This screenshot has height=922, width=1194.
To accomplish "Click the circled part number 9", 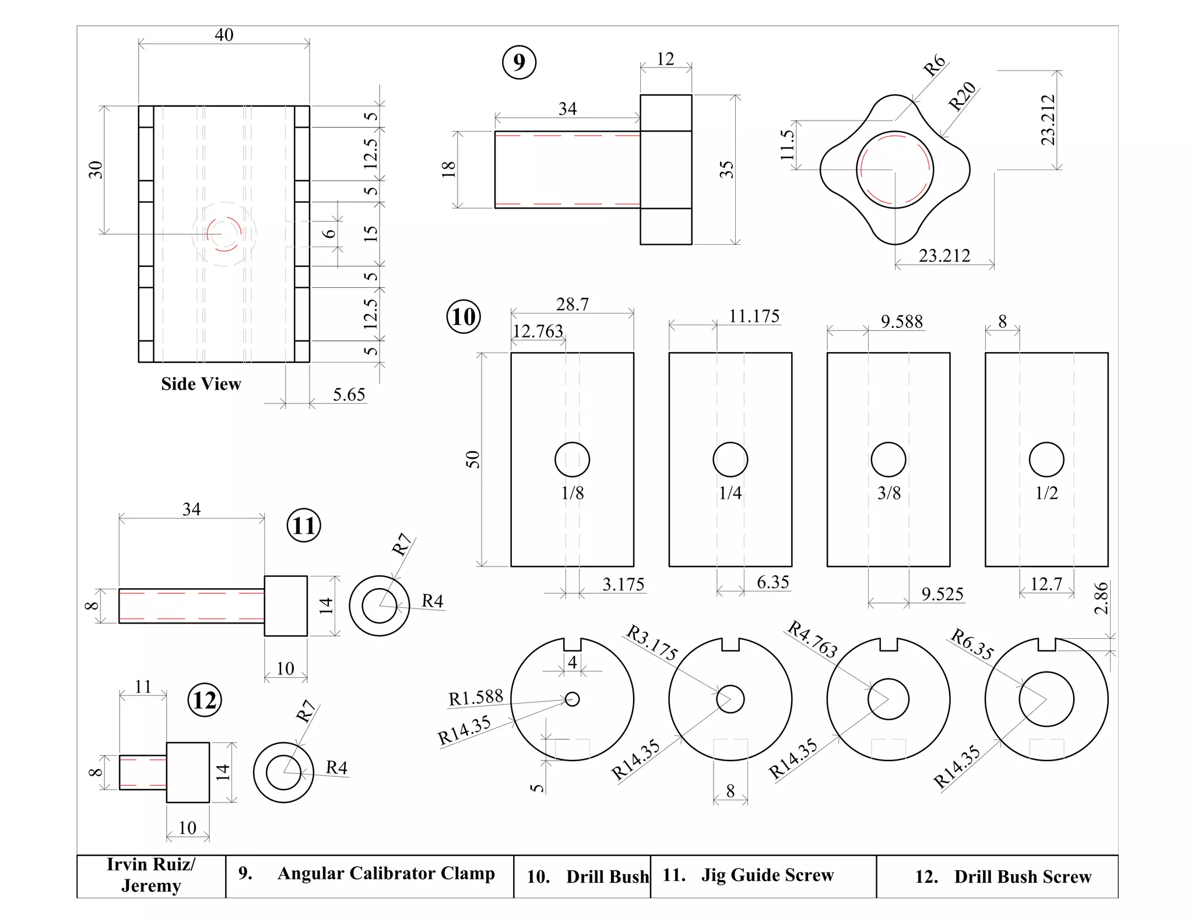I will tap(519, 62).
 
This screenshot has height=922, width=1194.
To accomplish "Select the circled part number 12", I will tap(205, 700).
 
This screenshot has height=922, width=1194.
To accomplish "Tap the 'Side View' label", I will tap(201, 384).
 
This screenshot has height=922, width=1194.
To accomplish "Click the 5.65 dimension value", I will tap(349, 395).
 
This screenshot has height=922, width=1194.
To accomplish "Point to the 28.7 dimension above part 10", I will tap(572, 304).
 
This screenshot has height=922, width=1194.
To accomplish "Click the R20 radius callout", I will tap(962, 96).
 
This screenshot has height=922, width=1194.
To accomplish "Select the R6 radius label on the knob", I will tap(934, 65).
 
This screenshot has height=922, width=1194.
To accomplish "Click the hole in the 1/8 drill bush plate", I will tap(572, 459).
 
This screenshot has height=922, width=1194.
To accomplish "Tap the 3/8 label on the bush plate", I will tap(889, 494).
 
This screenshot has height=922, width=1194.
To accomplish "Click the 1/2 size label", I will tap(1046, 494).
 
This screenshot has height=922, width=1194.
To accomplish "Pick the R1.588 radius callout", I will tap(475, 698).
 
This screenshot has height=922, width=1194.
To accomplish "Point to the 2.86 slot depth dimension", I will tap(1101, 599).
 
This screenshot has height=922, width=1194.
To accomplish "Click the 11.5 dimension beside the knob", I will tap(787, 145).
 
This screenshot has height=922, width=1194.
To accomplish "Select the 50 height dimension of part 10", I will tap(473, 459).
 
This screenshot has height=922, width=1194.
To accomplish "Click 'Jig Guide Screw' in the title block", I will tap(767, 875).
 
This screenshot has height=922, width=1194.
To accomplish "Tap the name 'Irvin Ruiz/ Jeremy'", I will tap(151, 875).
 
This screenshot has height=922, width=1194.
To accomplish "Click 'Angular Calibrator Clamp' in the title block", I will tap(385, 873).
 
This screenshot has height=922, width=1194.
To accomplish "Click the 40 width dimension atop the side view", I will tap(224, 35).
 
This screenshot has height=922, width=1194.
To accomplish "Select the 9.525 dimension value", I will tap(942, 594).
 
